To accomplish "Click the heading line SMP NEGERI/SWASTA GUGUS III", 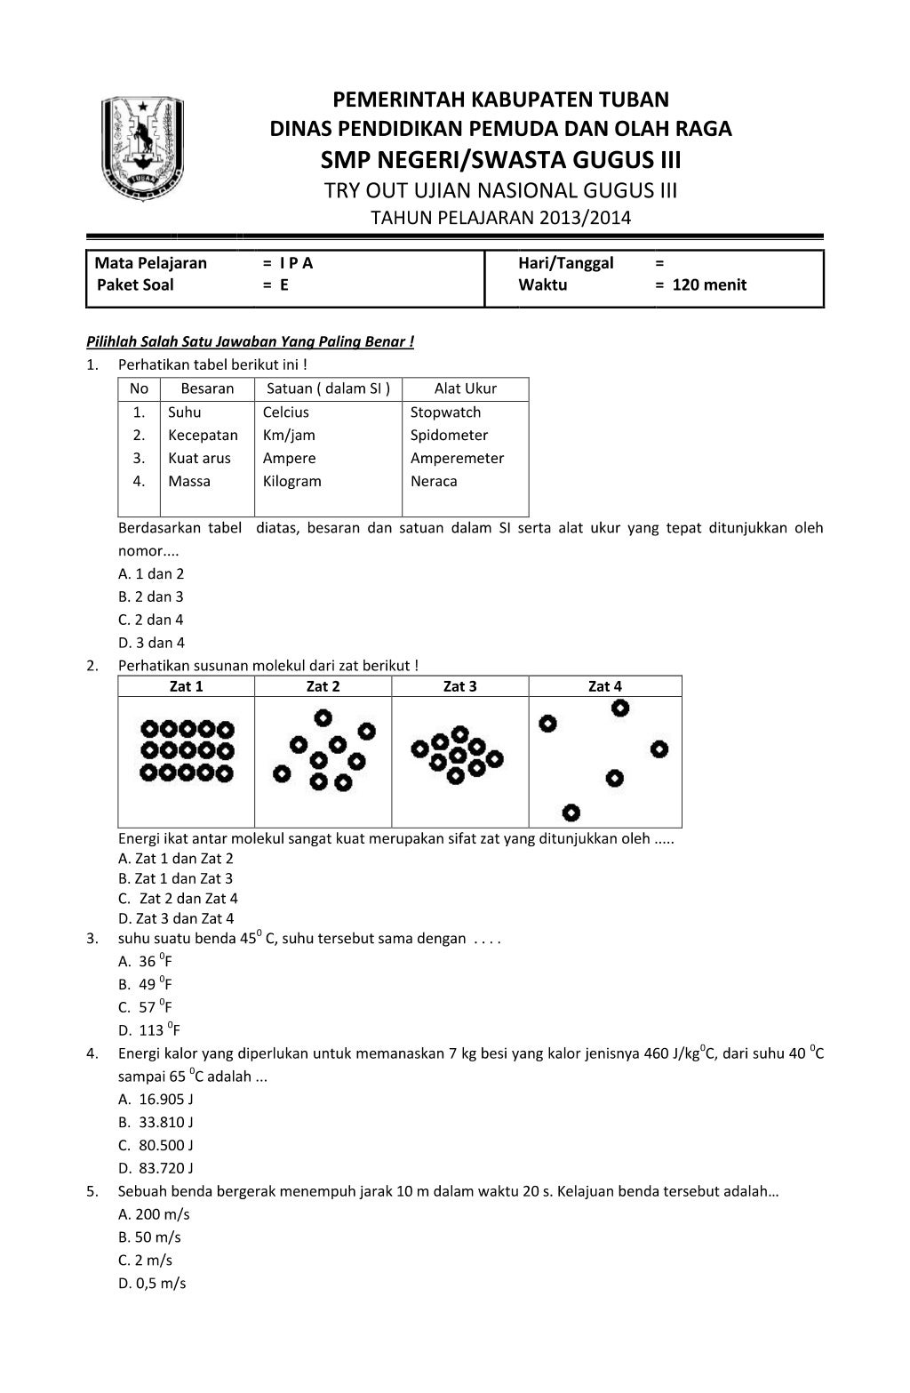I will point(500,161).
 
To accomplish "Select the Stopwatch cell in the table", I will point(445,412).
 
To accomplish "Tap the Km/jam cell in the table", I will point(289,436).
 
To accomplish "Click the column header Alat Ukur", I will point(465,388).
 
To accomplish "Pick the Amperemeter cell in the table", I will point(457,459).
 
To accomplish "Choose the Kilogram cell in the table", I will point(291,482).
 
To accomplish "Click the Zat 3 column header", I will point(459,686).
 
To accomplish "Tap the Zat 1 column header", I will point(186,686).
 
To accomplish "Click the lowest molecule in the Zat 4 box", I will point(571,812).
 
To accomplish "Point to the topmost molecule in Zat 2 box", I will point(323,717).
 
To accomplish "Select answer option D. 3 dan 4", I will point(152,643).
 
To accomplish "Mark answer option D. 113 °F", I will point(149,1030).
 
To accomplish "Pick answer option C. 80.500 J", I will point(156,1145).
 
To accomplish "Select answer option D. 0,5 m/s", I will point(152,1283).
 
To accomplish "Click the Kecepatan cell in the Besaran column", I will point(203,436).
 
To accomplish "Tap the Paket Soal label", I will point(135,285).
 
